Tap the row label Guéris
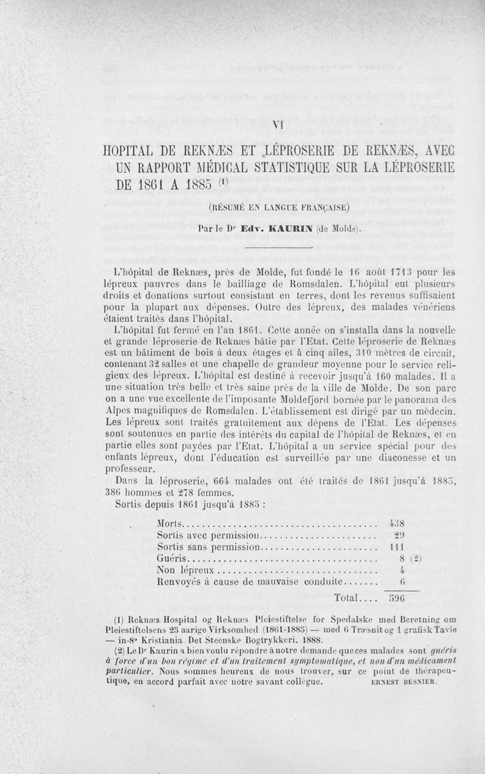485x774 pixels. [173, 559]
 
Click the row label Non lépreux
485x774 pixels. [186, 570]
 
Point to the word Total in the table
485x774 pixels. [348, 599]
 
